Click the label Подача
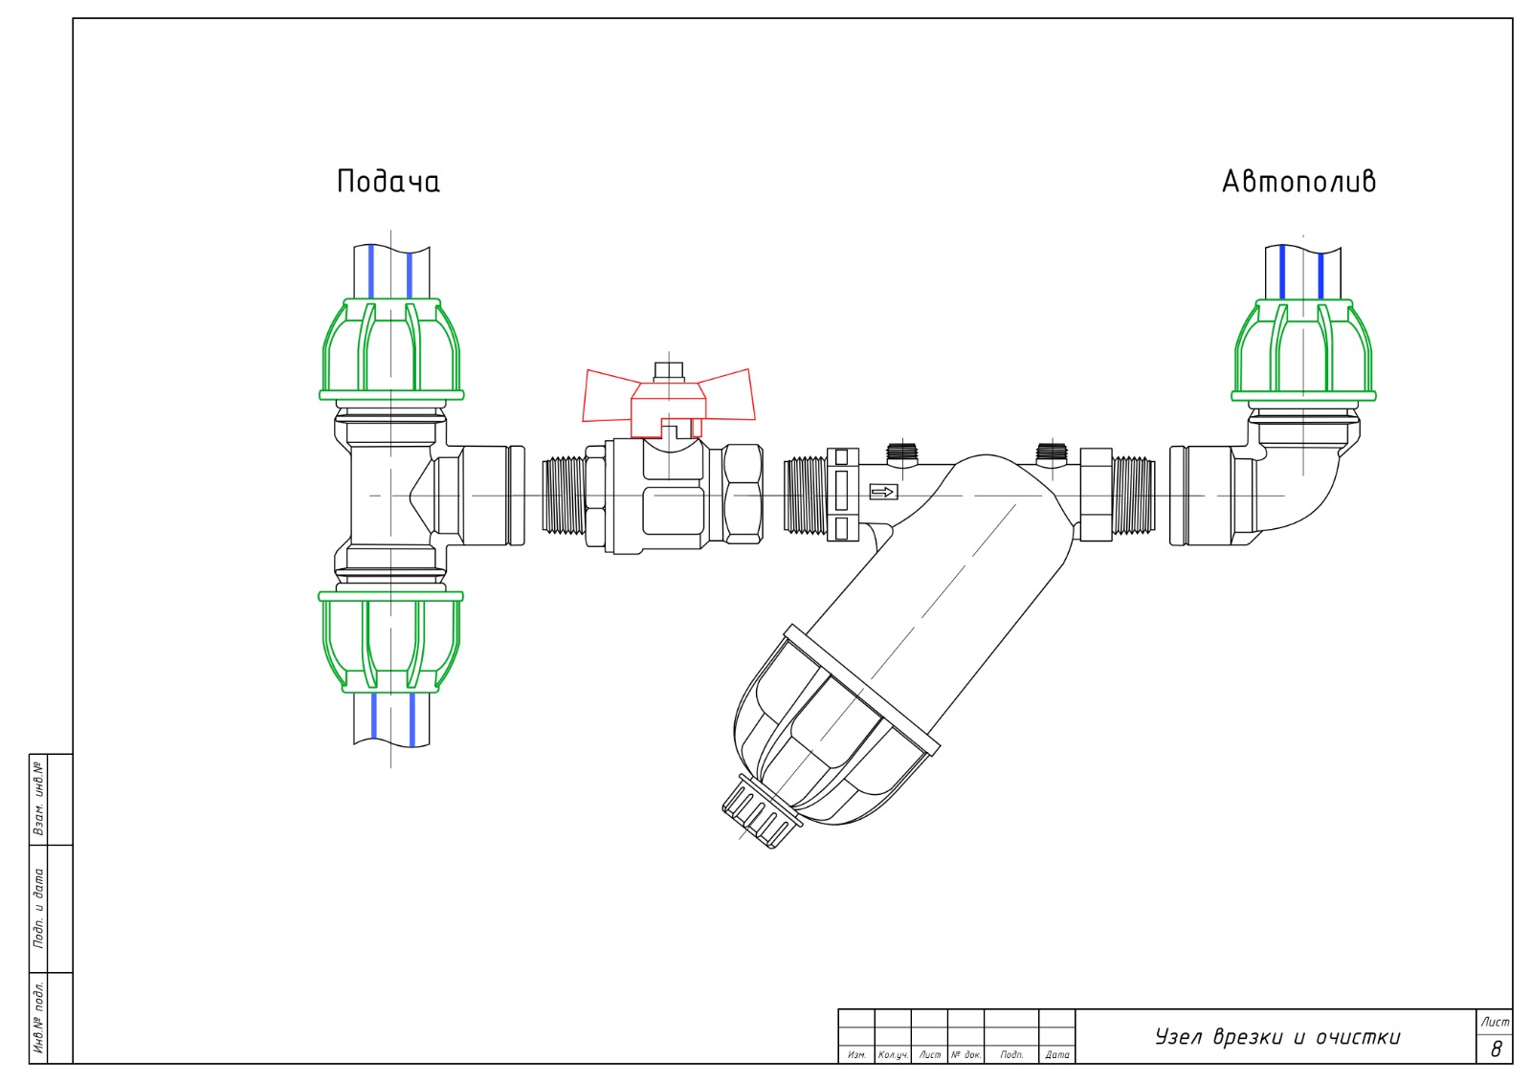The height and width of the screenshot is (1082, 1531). point(388,181)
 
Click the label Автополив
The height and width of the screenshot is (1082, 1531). point(1298,181)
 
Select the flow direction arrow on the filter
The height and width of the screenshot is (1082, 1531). point(882,492)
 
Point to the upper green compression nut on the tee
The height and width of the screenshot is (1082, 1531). point(391,348)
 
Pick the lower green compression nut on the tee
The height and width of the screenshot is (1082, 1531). point(390,641)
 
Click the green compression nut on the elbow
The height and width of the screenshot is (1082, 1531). point(1302,349)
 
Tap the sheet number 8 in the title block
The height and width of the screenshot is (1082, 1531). point(1496,1049)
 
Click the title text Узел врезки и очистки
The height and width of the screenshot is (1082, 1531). point(1277,1037)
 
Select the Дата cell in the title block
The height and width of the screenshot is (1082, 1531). point(1057,1054)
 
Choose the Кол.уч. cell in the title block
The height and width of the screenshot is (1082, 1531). point(893,1054)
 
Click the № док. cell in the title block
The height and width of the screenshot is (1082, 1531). point(965,1054)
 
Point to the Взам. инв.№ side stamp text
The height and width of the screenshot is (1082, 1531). point(39,798)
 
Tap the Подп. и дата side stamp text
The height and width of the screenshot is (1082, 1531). point(39,907)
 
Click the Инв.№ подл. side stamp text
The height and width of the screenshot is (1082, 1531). point(39,1017)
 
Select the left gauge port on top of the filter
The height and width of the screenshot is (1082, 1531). point(901,453)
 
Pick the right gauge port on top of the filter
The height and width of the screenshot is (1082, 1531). point(1051,453)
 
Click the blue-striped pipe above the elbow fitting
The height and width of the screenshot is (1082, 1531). point(1302,272)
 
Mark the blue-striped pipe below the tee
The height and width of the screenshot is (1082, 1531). point(391,718)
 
